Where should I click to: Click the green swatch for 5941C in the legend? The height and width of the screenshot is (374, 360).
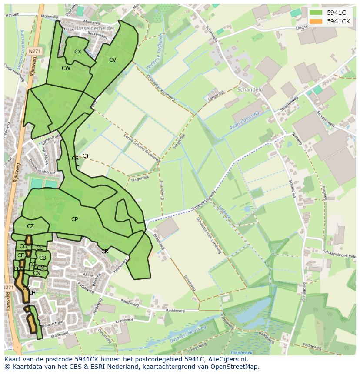tap(316, 13)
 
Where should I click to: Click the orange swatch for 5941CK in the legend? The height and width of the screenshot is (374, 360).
tap(316, 21)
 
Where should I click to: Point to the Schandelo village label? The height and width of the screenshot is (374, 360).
tap(250, 89)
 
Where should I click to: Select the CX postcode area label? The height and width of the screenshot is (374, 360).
tap(78, 52)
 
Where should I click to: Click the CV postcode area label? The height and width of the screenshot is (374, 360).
tap(113, 60)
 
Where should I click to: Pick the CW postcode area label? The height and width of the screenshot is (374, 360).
tap(66, 68)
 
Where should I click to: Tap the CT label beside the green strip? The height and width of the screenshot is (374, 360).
tap(86, 156)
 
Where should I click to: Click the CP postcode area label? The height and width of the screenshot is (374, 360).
tap(74, 219)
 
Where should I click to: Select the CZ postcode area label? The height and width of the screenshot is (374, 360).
tap(30, 226)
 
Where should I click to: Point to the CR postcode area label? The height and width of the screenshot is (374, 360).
tap(105, 252)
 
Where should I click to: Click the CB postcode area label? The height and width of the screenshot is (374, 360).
tap(43, 258)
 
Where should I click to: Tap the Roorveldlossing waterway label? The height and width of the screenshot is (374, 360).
tap(244, 120)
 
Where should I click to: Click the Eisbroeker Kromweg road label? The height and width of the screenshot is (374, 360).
tap(161, 87)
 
